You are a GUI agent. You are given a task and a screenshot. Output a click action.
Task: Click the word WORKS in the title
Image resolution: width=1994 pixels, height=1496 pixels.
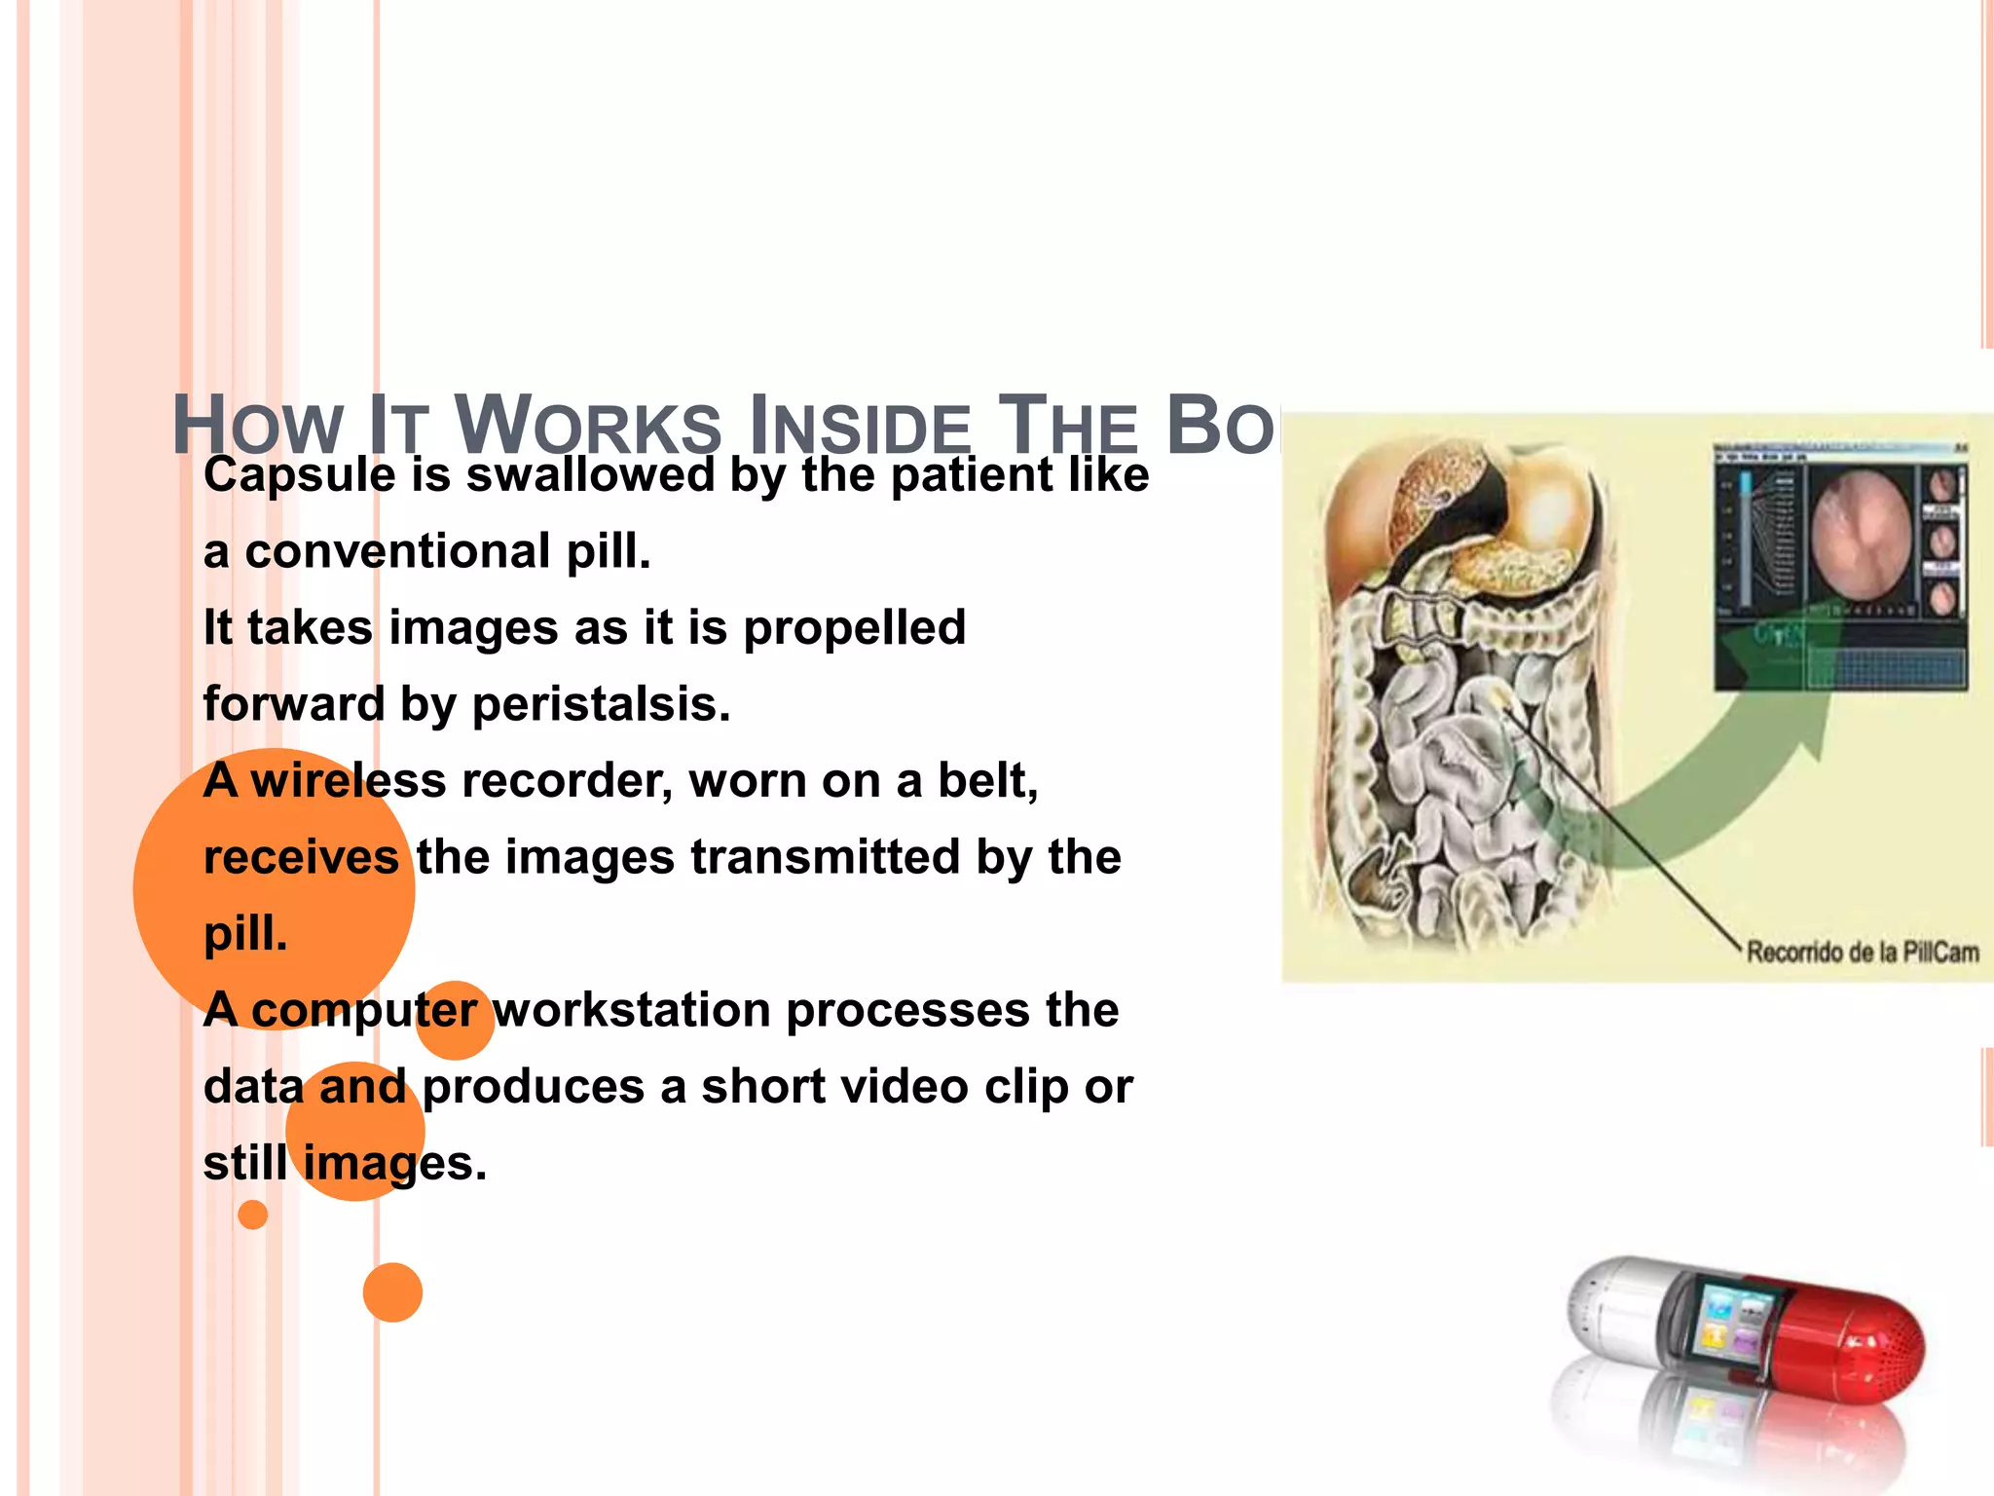pos(588,427)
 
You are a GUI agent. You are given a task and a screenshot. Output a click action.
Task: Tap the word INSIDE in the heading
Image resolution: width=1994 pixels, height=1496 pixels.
pos(861,427)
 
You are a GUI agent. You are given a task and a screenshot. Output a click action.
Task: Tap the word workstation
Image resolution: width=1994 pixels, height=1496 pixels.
pos(632,1010)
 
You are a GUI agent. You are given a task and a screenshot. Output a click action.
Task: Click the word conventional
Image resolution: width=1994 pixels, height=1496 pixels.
pos(398,552)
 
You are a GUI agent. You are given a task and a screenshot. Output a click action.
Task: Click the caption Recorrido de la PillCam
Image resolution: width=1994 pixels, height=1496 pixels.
pos(1862,952)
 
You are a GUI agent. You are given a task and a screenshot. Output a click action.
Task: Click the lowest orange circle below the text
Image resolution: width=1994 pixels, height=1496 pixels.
pos(392,1292)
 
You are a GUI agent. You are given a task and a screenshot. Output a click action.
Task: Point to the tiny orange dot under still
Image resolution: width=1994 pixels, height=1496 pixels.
pos(252,1215)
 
